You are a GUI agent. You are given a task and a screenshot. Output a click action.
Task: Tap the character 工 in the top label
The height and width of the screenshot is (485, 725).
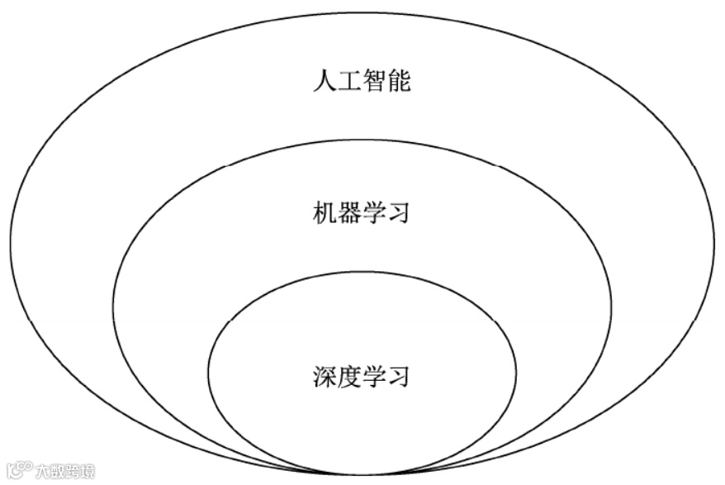(x=350, y=82)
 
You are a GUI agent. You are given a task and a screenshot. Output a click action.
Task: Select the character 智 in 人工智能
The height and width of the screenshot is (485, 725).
(x=375, y=82)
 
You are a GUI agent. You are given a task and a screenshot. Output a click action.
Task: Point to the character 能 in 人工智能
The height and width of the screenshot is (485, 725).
(x=399, y=82)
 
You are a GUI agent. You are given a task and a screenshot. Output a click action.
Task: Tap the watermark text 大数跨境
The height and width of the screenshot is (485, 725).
(x=64, y=472)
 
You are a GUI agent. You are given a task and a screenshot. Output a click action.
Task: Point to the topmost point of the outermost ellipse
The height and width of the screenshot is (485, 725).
(x=361, y=12)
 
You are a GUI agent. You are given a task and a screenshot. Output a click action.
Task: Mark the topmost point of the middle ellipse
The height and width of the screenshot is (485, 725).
(x=362, y=139)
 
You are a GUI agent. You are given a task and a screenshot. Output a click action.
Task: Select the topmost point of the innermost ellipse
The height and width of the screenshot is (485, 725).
(x=362, y=272)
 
